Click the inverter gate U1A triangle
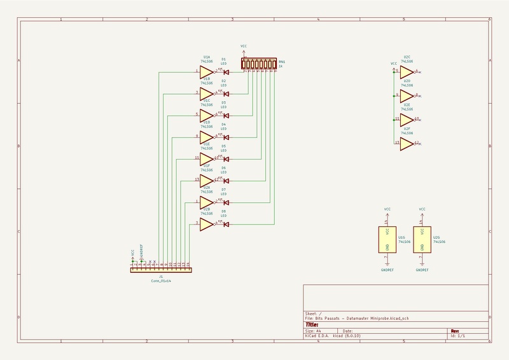click(206, 72)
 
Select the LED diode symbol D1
click(226, 72)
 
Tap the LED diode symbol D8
click(226, 224)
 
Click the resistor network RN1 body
click(259, 64)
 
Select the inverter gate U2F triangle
click(406, 144)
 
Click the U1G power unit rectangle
click(387, 240)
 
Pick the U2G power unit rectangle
click(422, 240)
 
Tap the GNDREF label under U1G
click(387, 270)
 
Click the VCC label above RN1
click(244, 46)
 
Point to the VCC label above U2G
click(422, 209)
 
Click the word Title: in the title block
click(312, 324)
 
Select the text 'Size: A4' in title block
click(313, 331)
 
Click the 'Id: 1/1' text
click(459, 336)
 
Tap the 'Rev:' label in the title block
click(455, 331)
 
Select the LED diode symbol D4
click(226, 137)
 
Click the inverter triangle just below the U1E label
click(206, 158)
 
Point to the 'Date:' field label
click(347, 331)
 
